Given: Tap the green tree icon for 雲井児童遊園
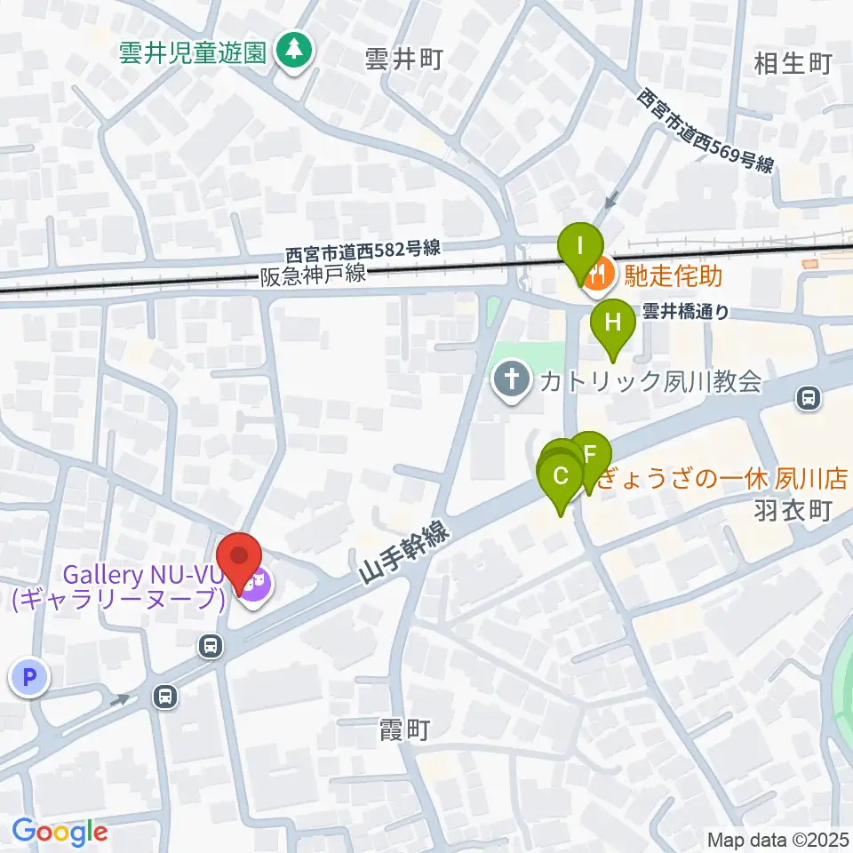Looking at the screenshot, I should pyautogui.click(x=291, y=50).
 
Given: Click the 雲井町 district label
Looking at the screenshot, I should pyautogui.click(x=403, y=60).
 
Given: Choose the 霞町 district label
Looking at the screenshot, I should pyautogui.click(x=404, y=731).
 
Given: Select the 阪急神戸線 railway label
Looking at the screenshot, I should pyautogui.click(x=313, y=275).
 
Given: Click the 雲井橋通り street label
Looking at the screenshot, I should pyautogui.click(x=685, y=312).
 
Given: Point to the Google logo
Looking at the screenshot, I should pyautogui.click(x=60, y=832).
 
